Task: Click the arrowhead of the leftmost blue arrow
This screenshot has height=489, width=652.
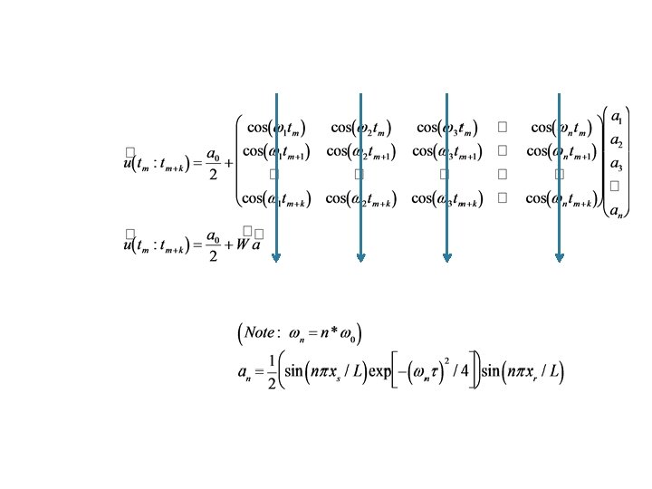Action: [276, 257]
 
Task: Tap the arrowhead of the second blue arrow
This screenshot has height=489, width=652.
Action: [360, 257]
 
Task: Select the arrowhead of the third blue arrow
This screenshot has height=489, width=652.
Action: [446, 257]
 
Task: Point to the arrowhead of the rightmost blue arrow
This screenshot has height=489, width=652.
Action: [559, 257]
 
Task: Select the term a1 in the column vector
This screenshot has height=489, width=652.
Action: [616, 118]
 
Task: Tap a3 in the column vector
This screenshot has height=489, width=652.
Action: [616, 164]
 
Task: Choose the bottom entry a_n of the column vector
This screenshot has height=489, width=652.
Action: [616, 211]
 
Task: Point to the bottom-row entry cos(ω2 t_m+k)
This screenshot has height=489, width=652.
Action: [362, 197]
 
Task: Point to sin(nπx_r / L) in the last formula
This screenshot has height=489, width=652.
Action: [524, 372]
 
